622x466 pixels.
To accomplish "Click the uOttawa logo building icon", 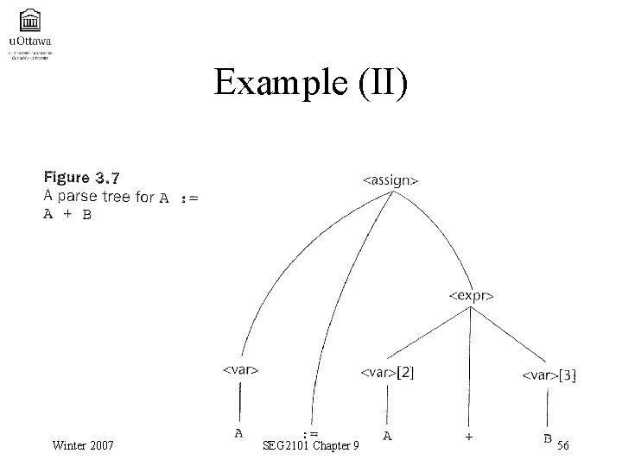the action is (x=30, y=18).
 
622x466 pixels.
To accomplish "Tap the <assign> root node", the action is (x=390, y=180).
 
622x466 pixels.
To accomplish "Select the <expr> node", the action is (x=471, y=294).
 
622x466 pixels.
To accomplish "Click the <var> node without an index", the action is (x=241, y=369).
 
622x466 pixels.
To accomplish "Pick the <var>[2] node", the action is (x=387, y=373).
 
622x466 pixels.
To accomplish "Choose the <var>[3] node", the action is (x=549, y=375).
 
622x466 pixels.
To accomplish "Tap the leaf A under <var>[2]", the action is (x=388, y=436).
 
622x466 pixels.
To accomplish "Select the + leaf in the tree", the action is (x=468, y=437).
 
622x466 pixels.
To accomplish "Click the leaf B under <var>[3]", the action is (x=548, y=438).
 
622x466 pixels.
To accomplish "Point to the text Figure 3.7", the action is (x=82, y=178).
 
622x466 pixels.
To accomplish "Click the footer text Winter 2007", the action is (x=82, y=445).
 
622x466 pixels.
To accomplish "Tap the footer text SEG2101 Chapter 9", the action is (x=314, y=445).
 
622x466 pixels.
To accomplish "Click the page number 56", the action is (x=562, y=445).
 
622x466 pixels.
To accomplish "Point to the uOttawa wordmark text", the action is (x=29, y=40).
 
